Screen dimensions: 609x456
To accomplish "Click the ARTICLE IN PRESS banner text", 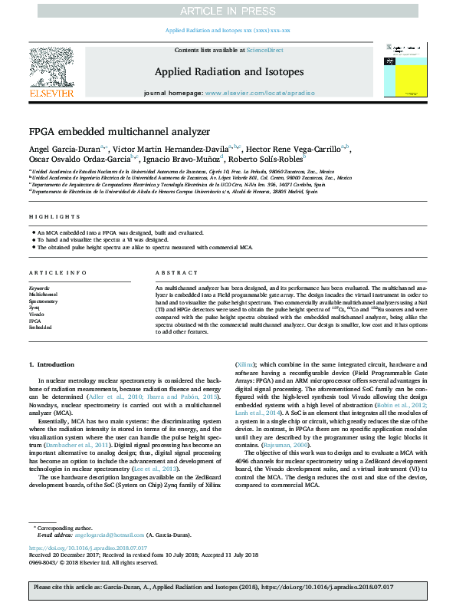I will (228, 10).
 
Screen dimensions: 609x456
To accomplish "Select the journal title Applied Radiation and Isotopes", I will (228, 71).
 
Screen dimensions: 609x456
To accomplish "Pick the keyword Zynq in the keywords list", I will (35, 307).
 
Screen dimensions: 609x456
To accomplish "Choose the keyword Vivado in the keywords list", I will (37, 314).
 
